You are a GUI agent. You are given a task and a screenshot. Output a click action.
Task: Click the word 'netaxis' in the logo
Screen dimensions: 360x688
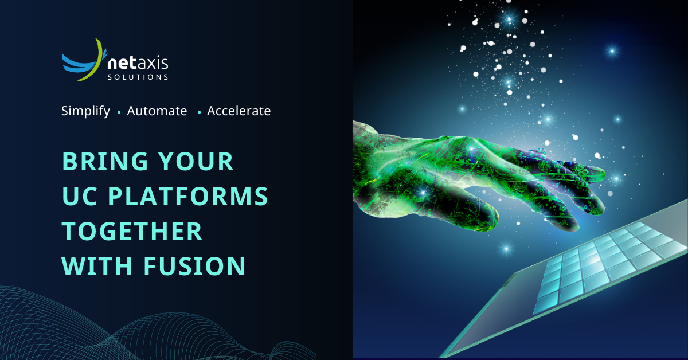pyautogui.click(x=138, y=61)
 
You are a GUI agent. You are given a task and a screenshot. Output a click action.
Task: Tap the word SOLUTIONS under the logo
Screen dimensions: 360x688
pyautogui.click(x=138, y=76)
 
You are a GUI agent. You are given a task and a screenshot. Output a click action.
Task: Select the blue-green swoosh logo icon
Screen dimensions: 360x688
pyautogui.click(x=84, y=60)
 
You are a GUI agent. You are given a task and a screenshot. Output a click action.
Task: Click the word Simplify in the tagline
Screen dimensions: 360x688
pyautogui.click(x=85, y=111)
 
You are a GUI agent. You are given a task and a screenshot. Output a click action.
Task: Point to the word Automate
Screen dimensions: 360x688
pyautogui.click(x=157, y=111)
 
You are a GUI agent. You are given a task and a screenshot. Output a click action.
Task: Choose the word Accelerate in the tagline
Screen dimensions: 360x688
pyautogui.click(x=239, y=111)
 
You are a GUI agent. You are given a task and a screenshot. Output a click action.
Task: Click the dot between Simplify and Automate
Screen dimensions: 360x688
pyautogui.click(x=119, y=112)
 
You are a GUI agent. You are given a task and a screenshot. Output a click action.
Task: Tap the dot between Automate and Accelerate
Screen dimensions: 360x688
pyautogui.click(x=199, y=112)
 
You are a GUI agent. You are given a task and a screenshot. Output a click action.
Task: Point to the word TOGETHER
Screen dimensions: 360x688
pyautogui.click(x=132, y=231)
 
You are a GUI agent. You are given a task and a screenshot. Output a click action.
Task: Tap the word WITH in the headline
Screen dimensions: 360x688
pyautogui.click(x=95, y=266)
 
